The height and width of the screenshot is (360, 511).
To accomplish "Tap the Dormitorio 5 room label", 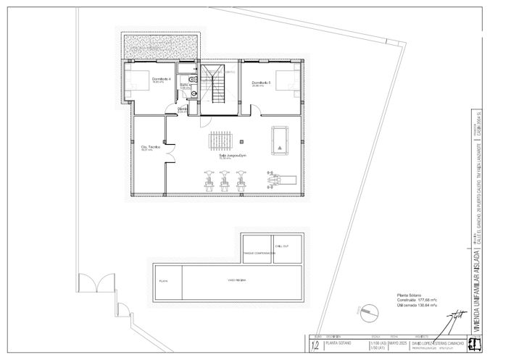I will click(x=261, y=83).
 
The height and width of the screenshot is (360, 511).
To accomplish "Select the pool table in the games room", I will click(x=281, y=140).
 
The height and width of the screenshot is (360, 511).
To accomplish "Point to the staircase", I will click(x=215, y=87).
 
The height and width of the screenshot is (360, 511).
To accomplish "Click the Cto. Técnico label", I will click(x=151, y=148).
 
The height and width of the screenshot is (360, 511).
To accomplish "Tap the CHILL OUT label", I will click(x=281, y=246).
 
